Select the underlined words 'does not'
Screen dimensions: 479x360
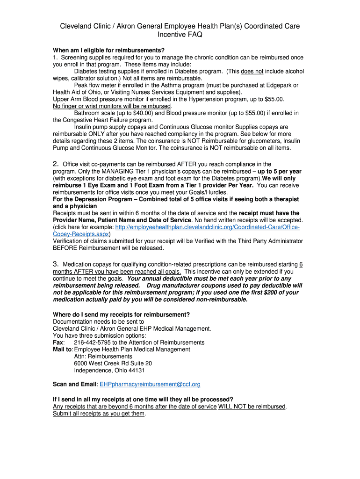pos(252,72)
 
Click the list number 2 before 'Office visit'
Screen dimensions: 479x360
pos(55,164)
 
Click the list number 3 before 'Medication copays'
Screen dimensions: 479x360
pos(55,264)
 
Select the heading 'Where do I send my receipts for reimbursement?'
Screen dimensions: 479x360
pos(121,314)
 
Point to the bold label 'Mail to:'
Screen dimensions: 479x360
pos(63,349)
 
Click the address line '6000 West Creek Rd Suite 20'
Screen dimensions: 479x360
pos(113,363)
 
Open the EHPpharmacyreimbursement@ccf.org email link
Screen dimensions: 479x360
pos(150,385)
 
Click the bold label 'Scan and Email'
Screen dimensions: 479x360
pos(74,385)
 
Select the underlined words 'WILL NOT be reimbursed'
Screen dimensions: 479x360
pos(252,406)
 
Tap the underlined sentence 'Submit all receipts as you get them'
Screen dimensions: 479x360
pos(99,414)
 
